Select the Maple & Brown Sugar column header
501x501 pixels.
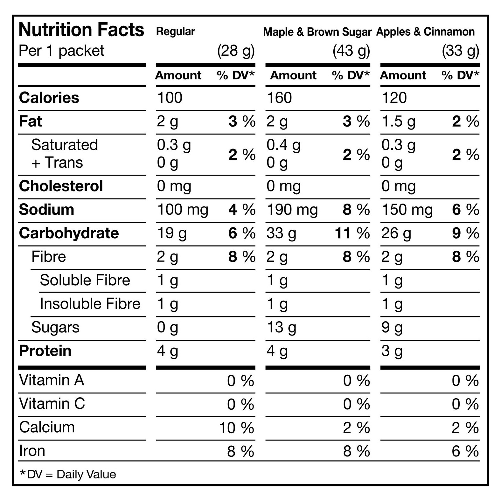point(317,32)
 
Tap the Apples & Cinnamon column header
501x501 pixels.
point(425,32)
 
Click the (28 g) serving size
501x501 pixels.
point(236,51)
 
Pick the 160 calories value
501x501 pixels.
point(279,98)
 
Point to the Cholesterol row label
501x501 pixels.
point(61,186)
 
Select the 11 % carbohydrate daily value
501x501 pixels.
point(352,233)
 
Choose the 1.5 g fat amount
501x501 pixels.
point(399,122)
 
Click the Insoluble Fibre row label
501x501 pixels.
point(90,304)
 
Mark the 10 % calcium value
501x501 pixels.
point(237,428)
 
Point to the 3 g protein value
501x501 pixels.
point(392,351)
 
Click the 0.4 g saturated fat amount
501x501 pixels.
point(283,145)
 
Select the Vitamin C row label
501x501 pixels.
point(52,404)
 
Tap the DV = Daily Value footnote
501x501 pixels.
point(68,474)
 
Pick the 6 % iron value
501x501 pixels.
point(465,451)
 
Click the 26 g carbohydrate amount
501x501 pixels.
point(396,234)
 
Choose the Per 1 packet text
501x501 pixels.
point(62,51)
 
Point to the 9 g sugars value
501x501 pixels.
point(392,328)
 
